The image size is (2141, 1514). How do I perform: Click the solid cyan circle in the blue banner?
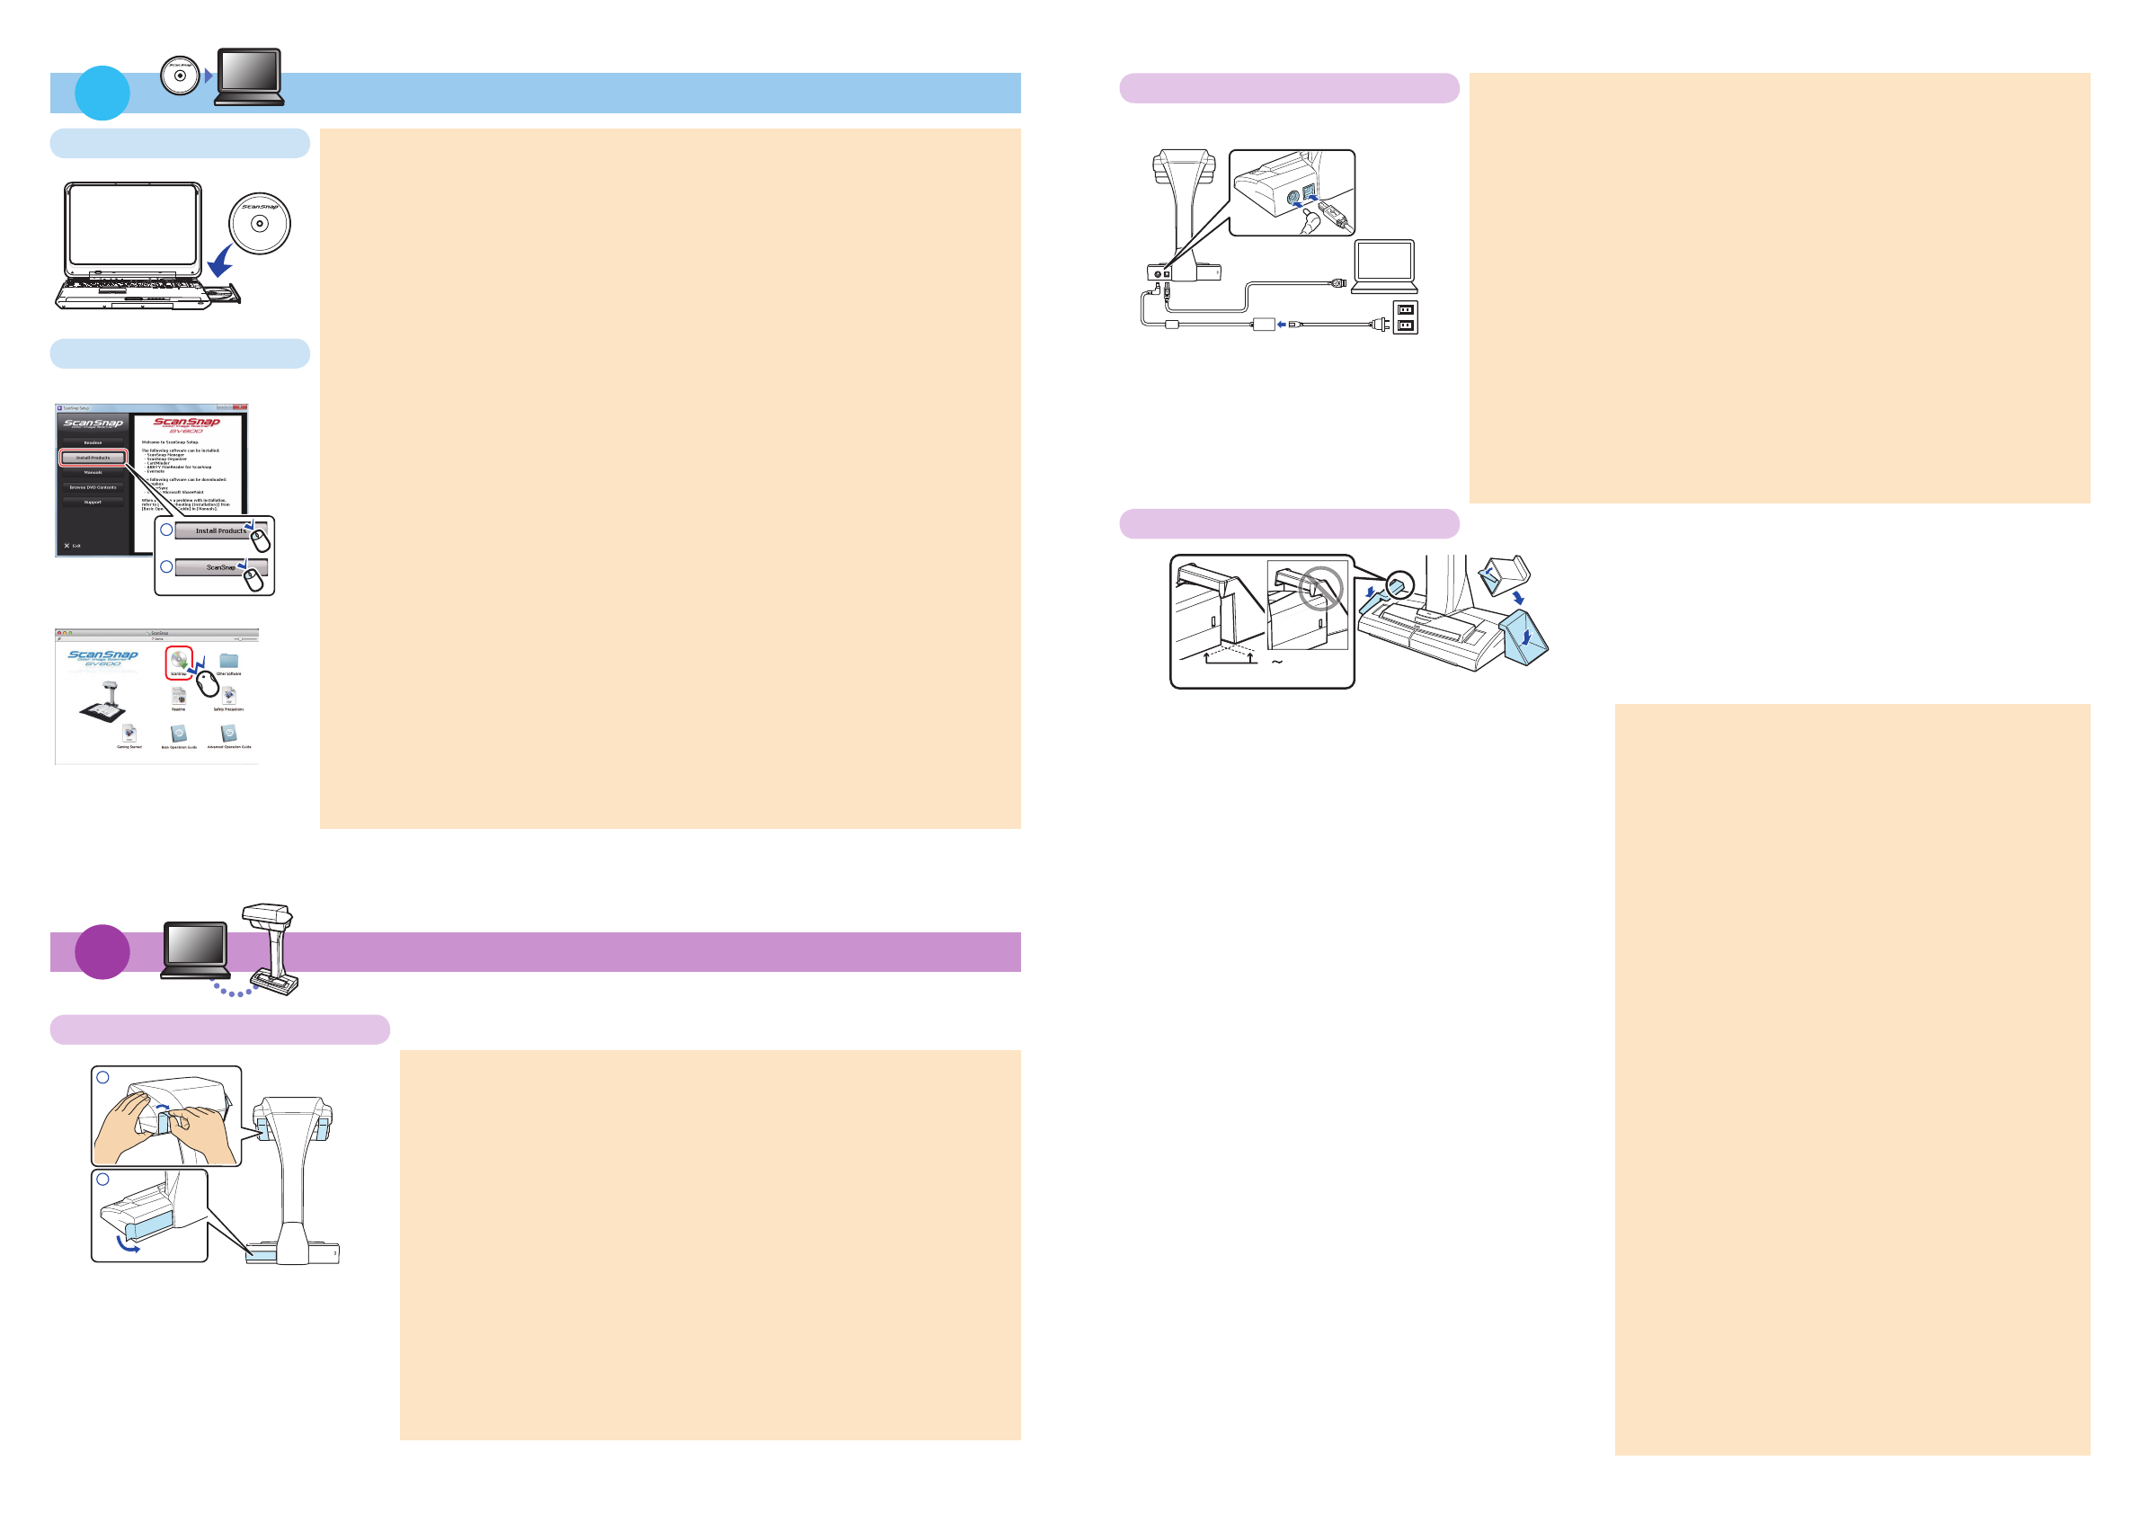point(102,93)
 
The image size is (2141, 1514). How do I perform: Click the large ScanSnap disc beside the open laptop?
point(260,223)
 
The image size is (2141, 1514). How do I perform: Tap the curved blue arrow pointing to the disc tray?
point(222,263)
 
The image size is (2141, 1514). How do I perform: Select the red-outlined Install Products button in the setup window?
point(93,457)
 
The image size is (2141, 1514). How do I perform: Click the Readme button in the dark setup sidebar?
point(93,442)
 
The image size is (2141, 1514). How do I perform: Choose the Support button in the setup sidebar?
point(93,502)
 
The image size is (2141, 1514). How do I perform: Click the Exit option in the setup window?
point(73,546)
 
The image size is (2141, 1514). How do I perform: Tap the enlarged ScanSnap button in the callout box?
point(221,567)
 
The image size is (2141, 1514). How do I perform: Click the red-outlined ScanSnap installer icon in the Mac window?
point(179,663)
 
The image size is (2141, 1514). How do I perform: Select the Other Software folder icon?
point(228,662)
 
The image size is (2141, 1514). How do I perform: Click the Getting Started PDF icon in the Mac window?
point(129,735)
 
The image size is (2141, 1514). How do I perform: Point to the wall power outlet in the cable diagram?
point(1405,317)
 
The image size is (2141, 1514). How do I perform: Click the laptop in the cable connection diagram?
point(1385,267)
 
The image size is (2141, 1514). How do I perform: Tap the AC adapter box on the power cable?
point(1264,324)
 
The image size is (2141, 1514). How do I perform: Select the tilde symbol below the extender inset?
point(1277,663)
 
